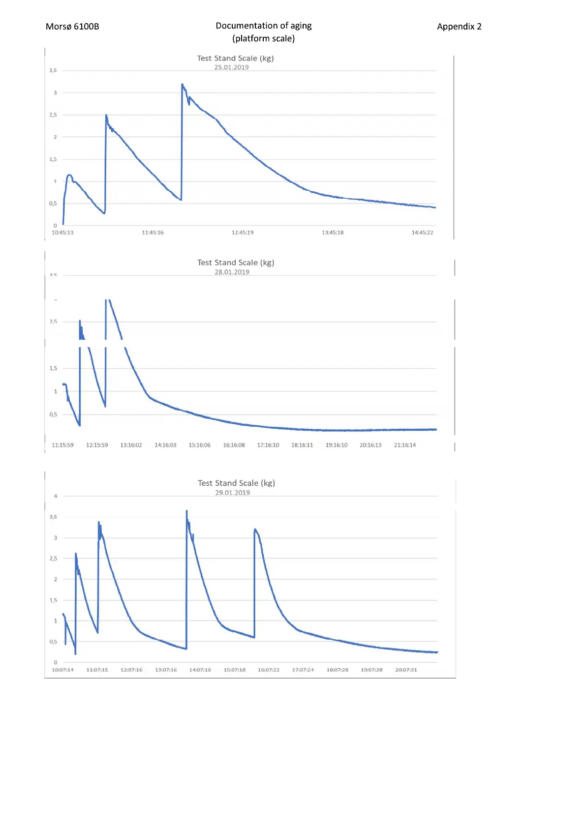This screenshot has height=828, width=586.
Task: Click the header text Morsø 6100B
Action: pyautogui.click(x=72, y=27)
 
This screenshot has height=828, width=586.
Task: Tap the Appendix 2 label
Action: pyautogui.click(x=459, y=27)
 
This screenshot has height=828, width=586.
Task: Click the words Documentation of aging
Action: pyautogui.click(x=263, y=26)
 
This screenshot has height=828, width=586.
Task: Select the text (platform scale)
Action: pyautogui.click(x=263, y=38)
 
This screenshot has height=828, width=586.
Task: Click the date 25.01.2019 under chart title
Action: pyautogui.click(x=231, y=67)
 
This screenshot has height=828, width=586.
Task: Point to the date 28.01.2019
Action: pyautogui.click(x=232, y=272)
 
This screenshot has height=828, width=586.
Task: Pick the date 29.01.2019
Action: pyautogui.click(x=232, y=493)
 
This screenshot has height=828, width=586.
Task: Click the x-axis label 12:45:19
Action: pyautogui.click(x=243, y=233)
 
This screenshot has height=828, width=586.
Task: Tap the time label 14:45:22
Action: pyautogui.click(x=422, y=233)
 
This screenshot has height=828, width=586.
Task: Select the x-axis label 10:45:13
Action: pyautogui.click(x=62, y=233)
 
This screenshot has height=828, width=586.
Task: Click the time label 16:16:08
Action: pyautogui.click(x=234, y=445)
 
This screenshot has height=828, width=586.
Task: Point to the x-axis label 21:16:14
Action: pyautogui.click(x=404, y=445)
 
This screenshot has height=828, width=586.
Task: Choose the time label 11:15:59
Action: pyautogui.click(x=62, y=445)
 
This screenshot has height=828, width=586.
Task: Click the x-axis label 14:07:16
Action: pyautogui.click(x=200, y=670)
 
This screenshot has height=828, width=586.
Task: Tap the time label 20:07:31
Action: pyautogui.click(x=406, y=670)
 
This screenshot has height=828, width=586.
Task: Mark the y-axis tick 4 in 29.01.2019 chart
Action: pyautogui.click(x=56, y=496)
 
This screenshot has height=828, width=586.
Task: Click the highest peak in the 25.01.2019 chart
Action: pyautogui.click(x=183, y=85)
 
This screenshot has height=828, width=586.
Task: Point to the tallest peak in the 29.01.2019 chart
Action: pyautogui.click(x=186, y=511)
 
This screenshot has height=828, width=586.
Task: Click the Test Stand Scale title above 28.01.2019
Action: pyautogui.click(x=236, y=263)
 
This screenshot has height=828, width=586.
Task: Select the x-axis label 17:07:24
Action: pyautogui.click(x=303, y=670)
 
